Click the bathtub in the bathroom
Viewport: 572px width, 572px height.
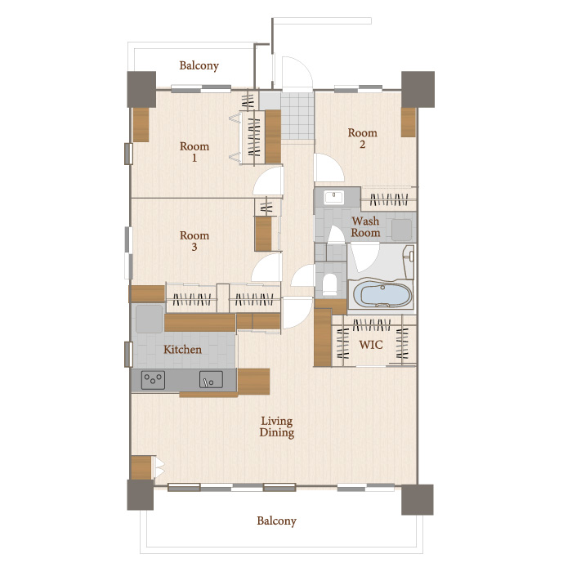click(381, 295)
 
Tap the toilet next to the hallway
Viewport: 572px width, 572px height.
click(330, 284)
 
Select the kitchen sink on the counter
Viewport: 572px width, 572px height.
click(211, 379)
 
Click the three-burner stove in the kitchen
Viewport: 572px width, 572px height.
click(153, 380)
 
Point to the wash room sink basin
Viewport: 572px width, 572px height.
click(333, 198)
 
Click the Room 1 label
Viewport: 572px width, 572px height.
click(194, 152)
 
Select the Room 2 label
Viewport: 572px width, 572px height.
click(362, 138)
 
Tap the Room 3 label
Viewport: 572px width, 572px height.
click(194, 241)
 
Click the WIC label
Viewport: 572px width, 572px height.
click(371, 345)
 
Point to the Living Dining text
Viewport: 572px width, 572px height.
click(276, 427)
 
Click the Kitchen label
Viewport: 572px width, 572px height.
click(182, 350)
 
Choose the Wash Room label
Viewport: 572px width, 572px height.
click(365, 226)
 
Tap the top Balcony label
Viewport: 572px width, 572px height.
click(199, 65)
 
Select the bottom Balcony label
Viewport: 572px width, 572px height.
click(276, 521)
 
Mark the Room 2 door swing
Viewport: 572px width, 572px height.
click(329, 168)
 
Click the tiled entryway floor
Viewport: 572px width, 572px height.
click(297, 116)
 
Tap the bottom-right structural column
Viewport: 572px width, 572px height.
click(418, 500)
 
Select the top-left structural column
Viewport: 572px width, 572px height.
click(141, 89)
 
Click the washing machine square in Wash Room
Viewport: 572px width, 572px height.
click(402, 230)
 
